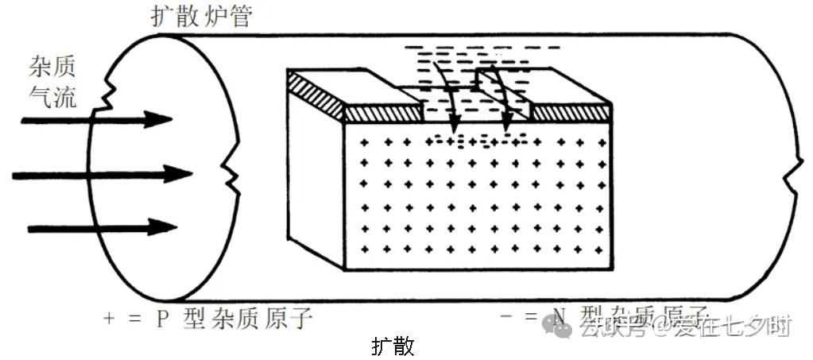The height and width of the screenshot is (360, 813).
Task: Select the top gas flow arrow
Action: [96, 121]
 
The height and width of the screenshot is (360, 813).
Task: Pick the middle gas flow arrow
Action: [103, 174]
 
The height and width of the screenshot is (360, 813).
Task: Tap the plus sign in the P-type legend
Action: [110, 319]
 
